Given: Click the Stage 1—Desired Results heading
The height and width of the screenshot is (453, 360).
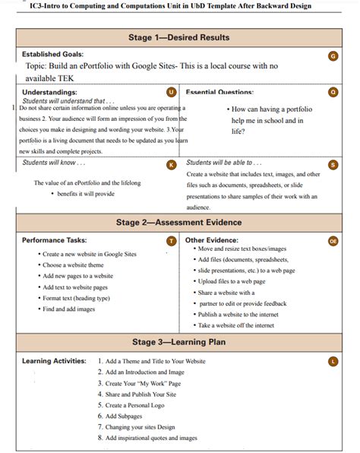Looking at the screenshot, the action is pyautogui.click(x=179, y=37).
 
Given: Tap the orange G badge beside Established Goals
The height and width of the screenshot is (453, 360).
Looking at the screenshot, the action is pyautogui.click(x=333, y=55).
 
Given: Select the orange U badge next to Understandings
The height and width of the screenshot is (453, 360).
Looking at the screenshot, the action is pyautogui.click(x=171, y=92).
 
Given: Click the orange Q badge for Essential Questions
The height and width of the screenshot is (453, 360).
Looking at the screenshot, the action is pyautogui.click(x=333, y=92).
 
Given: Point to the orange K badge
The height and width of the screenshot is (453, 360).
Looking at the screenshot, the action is pyautogui.click(x=171, y=164).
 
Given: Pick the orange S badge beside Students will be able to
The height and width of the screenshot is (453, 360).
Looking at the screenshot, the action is pyautogui.click(x=333, y=164).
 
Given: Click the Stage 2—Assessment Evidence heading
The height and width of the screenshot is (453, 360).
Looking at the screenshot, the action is pyautogui.click(x=179, y=223).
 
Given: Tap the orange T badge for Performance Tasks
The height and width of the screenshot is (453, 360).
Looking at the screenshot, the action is pyautogui.click(x=171, y=241).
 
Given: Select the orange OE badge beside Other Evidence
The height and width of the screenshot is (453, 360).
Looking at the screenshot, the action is pyautogui.click(x=333, y=241).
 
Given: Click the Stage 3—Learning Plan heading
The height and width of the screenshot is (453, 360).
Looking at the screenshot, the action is pyautogui.click(x=179, y=342).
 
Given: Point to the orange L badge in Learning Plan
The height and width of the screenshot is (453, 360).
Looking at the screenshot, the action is pyautogui.click(x=333, y=361).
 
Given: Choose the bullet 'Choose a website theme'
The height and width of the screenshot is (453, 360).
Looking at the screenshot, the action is pyautogui.click(x=73, y=265).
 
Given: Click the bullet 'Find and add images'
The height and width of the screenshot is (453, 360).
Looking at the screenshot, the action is pyautogui.click(x=69, y=309).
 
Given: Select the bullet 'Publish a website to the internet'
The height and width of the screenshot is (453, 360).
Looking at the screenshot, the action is pyautogui.click(x=238, y=314).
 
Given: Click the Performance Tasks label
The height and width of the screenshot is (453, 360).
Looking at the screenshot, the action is pyautogui.click(x=54, y=240).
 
